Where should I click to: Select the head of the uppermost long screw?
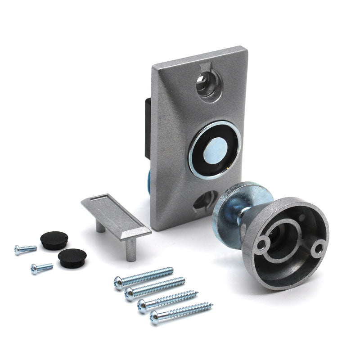coord(119,282)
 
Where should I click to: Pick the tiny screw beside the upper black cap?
coord(25,248)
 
